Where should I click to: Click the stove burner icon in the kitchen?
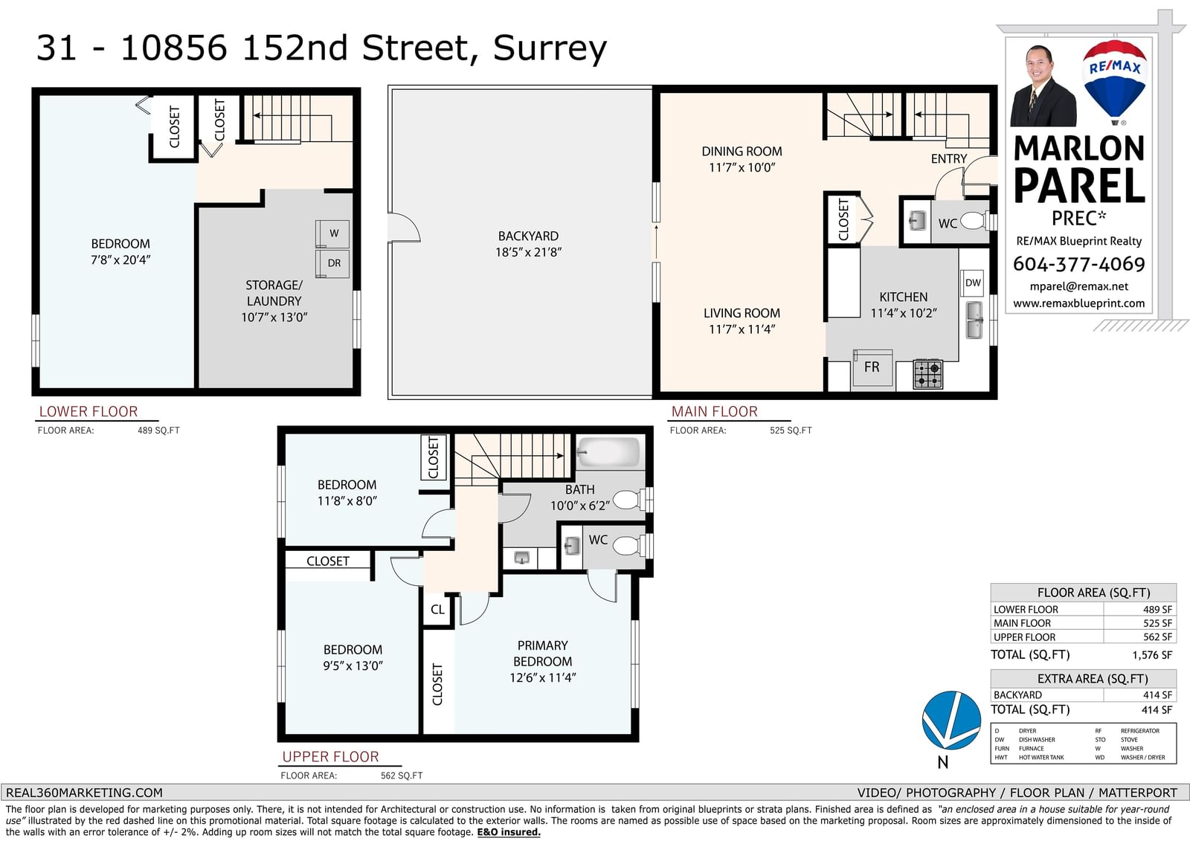[x=928, y=374]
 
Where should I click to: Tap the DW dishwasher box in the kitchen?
[x=973, y=283]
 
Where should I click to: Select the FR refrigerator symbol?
[x=872, y=367]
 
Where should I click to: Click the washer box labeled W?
[x=333, y=233]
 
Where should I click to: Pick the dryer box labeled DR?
[x=333, y=263]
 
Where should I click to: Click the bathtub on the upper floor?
[x=608, y=452]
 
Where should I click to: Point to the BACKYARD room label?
[x=528, y=236]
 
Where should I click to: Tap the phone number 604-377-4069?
[x=1078, y=264]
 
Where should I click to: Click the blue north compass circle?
[x=951, y=720]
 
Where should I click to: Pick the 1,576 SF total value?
[x=1152, y=655]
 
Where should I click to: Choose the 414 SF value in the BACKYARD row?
[x=1157, y=695]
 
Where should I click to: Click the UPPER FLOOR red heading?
[x=330, y=756]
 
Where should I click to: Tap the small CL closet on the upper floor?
[x=437, y=609]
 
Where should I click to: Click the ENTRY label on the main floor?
[x=949, y=159]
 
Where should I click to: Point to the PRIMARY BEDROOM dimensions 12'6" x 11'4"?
[x=542, y=677]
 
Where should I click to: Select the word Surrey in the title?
[x=550, y=49]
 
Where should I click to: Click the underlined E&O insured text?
[x=509, y=832]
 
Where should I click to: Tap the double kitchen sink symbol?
[x=974, y=320]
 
